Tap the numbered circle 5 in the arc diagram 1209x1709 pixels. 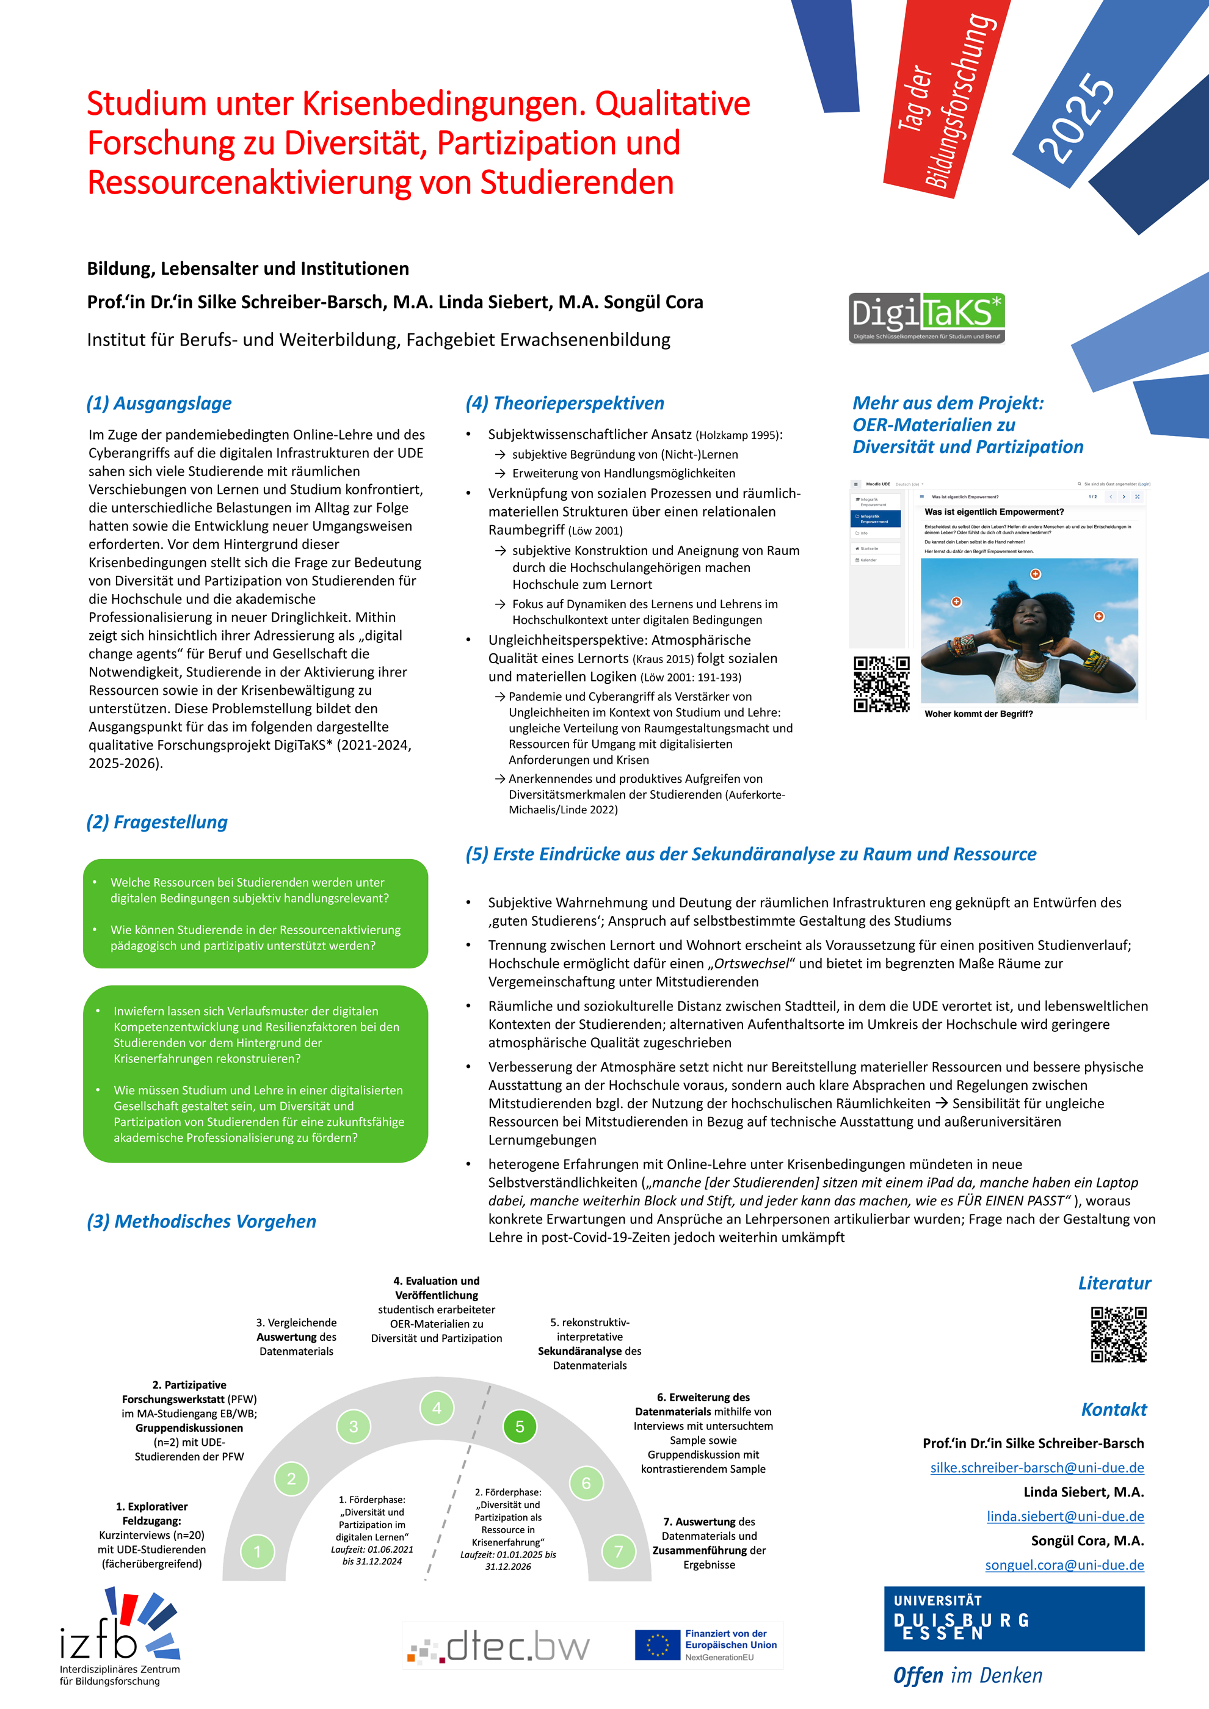[520, 1426]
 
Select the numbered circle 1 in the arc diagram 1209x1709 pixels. [258, 1552]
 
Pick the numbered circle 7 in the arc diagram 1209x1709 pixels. [618, 1551]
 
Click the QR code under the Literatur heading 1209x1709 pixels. [1118, 1334]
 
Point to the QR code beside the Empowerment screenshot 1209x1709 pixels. [882, 684]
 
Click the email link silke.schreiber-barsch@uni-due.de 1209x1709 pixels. [1037, 1467]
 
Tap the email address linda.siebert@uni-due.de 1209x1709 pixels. [1066, 1515]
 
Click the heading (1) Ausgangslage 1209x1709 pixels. [159, 403]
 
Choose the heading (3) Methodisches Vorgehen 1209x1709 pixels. [201, 1222]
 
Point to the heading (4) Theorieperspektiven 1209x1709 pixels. [565, 403]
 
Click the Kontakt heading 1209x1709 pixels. [1114, 1409]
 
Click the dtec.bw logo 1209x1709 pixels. [499, 1647]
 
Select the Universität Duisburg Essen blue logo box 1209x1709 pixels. [1014, 1618]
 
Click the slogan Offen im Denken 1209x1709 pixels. [968, 1675]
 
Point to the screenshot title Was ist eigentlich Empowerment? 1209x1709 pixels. [994, 512]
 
